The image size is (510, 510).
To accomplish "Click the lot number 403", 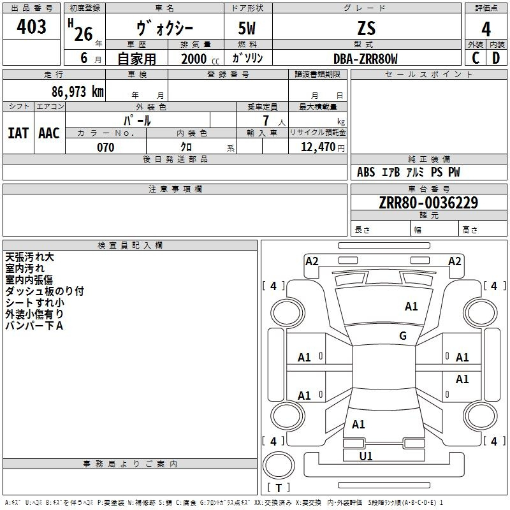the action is click(x=31, y=26).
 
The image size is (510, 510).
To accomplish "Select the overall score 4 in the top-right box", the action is click(x=486, y=29).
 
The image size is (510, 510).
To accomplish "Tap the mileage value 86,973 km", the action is click(x=78, y=92).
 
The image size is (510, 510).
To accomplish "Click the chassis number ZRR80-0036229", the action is click(x=428, y=202).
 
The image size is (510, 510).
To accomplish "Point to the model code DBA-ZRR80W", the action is click(x=365, y=59).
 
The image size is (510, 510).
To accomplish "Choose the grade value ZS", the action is click(x=366, y=28).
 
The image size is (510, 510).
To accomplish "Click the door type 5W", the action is click(x=247, y=28).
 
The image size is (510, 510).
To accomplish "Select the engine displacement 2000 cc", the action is click(x=200, y=59).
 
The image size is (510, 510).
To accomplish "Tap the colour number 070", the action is click(x=106, y=147).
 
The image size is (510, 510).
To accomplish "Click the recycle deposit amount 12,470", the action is click(x=317, y=147).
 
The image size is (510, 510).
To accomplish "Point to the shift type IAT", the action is click(x=18, y=133).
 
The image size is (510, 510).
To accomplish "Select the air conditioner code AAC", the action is click(x=49, y=133).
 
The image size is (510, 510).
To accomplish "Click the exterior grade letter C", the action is click(x=476, y=58).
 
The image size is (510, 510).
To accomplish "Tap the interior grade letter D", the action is click(x=496, y=58).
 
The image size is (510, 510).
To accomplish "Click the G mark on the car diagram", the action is click(x=403, y=335).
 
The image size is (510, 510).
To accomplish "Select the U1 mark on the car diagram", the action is click(x=365, y=456).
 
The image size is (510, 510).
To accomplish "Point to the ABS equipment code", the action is click(x=366, y=172).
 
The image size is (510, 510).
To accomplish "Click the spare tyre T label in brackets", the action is click(x=279, y=488).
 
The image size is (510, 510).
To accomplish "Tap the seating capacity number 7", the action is click(x=266, y=120).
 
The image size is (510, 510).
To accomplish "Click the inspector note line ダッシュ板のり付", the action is click(x=45, y=291).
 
